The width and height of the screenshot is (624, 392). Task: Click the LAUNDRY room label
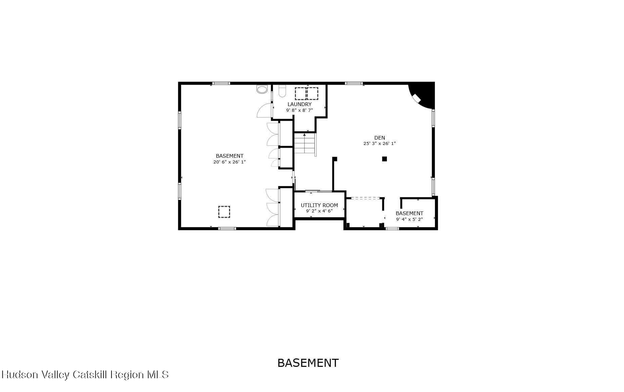click(x=299, y=104)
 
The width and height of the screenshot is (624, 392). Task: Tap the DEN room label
click(x=380, y=138)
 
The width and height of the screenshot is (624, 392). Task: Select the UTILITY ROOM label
click(x=319, y=205)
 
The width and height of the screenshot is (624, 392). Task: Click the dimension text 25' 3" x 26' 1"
click(x=380, y=144)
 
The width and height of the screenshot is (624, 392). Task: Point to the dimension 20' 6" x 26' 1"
click(x=229, y=162)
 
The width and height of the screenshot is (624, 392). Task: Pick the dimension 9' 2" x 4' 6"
click(x=319, y=211)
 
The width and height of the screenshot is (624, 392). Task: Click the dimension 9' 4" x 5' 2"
click(x=409, y=219)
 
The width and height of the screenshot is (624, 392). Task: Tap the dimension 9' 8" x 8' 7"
click(x=299, y=110)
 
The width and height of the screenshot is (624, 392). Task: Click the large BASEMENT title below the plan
click(x=308, y=363)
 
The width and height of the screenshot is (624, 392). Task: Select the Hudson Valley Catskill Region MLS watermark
click(x=85, y=375)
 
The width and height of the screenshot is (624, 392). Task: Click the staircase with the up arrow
click(x=305, y=143)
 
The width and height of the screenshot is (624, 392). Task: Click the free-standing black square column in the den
click(x=385, y=159)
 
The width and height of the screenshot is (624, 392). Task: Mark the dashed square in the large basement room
click(x=224, y=212)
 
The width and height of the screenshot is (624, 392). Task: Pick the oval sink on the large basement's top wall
click(x=262, y=89)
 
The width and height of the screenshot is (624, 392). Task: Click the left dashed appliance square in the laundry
click(x=301, y=93)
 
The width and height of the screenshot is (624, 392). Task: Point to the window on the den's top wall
click(x=354, y=83)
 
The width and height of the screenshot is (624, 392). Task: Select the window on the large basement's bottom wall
click(x=227, y=229)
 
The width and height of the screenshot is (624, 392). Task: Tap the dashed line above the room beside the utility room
click(x=365, y=198)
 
